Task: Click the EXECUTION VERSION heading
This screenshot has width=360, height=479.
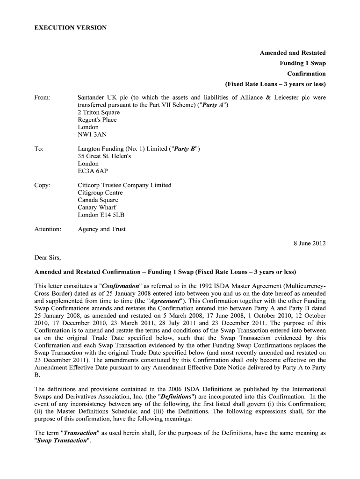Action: tap(71, 28)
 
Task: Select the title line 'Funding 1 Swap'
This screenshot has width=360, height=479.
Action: tap(302, 63)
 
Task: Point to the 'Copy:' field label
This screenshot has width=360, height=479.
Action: tap(43, 185)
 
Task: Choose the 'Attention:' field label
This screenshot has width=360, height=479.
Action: tap(48, 229)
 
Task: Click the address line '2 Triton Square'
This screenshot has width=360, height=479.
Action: tap(99, 112)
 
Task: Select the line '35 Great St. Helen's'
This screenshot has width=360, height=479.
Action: tap(104, 156)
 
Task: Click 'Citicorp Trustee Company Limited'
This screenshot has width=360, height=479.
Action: tap(124, 185)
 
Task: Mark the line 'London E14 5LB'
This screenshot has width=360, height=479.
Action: tap(101, 215)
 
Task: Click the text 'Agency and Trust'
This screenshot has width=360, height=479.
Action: tap(101, 229)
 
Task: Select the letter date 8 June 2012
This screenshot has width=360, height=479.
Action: tap(310, 243)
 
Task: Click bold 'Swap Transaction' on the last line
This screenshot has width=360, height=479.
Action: tap(61, 441)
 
